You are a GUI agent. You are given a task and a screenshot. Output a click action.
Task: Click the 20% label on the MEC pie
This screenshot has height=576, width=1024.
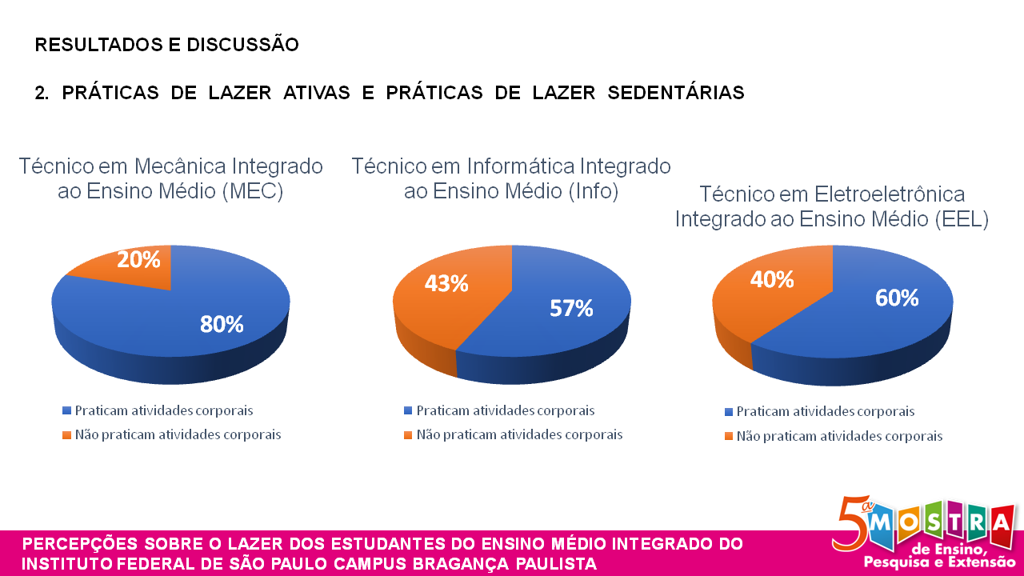tap(139, 259)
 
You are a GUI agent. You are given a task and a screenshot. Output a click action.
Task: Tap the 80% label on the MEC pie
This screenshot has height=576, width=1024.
tap(222, 324)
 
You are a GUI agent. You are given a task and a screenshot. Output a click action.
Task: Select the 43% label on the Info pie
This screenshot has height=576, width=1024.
tap(446, 283)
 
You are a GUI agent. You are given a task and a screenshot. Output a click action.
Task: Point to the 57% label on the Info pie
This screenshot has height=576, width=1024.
tap(571, 308)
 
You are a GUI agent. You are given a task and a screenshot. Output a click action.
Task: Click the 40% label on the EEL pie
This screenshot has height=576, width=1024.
tap(772, 279)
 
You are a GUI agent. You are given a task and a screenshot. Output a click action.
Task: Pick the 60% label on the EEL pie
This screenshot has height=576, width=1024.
tap(897, 298)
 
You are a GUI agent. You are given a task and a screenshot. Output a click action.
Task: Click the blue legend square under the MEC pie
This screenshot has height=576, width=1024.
tap(67, 410)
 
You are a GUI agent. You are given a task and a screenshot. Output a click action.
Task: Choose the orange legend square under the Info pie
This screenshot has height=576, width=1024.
tap(409, 435)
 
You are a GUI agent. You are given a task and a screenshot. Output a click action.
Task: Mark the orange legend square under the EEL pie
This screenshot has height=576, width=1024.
tap(728, 437)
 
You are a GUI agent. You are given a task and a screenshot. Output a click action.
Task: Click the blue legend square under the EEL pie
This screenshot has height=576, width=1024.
tap(728, 412)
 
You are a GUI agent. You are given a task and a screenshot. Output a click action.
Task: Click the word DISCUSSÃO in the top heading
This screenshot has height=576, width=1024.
tap(242, 45)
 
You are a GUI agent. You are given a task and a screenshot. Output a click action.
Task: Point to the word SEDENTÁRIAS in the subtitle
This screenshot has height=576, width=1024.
tap(676, 93)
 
